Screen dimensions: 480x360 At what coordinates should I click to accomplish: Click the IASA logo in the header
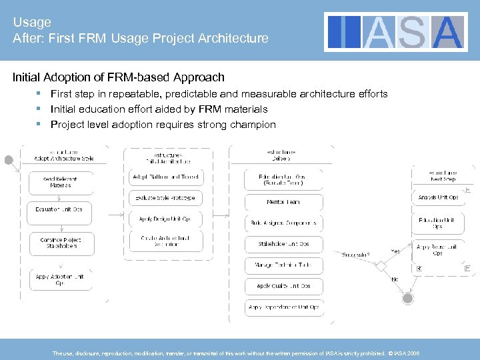click(x=396, y=31)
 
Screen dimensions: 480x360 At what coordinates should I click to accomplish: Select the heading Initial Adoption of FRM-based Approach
click(x=119, y=77)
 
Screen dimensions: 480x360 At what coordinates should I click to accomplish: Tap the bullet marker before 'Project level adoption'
click(x=39, y=124)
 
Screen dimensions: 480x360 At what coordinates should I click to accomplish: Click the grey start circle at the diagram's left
click(x=9, y=160)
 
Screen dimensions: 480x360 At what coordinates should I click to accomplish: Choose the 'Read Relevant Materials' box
click(x=61, y=182)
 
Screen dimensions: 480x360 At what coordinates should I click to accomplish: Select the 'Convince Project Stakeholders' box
click(x=62, y=243)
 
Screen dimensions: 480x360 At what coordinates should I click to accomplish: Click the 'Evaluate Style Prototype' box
click(x=165, y=198)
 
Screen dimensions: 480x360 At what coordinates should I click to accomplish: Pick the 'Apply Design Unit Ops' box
click(x=165, y=219)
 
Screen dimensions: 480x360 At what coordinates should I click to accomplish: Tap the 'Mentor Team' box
click(x=283, y=201)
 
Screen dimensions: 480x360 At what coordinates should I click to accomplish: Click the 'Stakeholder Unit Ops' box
click(x=283, y=244)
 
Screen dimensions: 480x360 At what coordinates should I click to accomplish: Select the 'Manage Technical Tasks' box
click(x=283, y=265)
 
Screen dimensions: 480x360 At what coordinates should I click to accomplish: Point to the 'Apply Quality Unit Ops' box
click(x=283, y=286)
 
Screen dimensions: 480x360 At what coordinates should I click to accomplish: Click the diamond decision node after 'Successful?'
click(x=381, y=265)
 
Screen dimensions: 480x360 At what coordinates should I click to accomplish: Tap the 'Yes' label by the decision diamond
click(x=395, y=251)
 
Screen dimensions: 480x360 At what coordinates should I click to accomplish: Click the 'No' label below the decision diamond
click(x=395, y=280)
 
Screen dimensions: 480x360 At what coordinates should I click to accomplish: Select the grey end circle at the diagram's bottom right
click(x=407, y=298)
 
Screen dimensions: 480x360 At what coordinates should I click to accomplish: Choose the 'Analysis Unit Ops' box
click(x=438, y=197)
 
